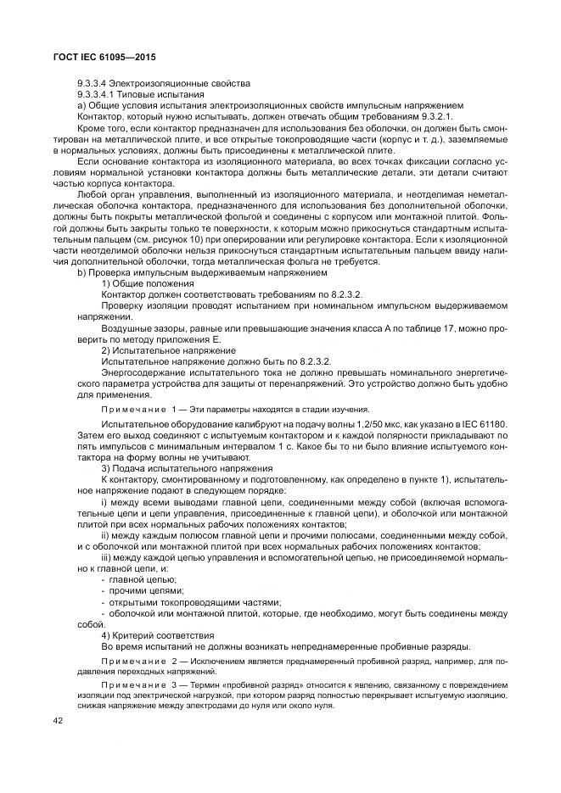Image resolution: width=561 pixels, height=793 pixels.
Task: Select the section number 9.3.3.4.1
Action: (x=99, y=94)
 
